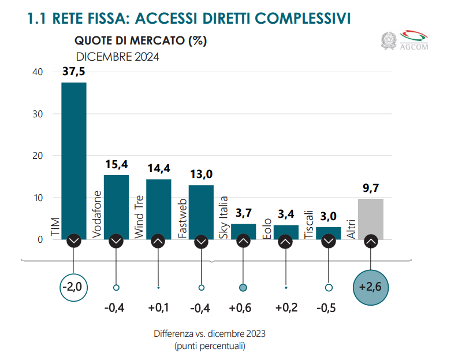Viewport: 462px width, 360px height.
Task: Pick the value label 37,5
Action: coord(74,72)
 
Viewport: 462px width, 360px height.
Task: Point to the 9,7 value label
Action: coord(371,188)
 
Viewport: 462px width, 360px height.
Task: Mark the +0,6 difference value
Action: coord(243,307)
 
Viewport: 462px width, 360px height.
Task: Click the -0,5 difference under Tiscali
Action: coord(329,307)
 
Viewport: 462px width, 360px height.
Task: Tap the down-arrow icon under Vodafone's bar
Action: coord(116,241)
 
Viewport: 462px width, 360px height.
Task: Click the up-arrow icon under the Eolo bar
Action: coord(286,241)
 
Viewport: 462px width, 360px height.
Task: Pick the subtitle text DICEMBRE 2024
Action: coord(118,57)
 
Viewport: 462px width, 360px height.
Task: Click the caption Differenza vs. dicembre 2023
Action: coord(210,334)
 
